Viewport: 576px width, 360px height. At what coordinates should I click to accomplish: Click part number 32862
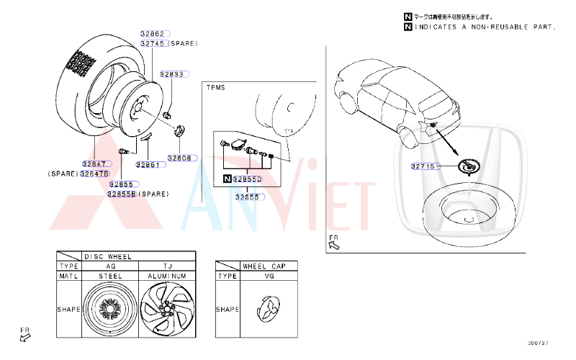(x=153, y=33)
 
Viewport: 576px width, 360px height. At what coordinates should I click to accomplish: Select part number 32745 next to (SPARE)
(x=153, y=43)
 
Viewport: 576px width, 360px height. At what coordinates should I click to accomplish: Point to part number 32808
(x=180, y=158)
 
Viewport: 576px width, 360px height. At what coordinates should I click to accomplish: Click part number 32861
(x=148, y=165)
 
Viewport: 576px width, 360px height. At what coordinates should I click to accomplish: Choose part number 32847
(x=94, y=164)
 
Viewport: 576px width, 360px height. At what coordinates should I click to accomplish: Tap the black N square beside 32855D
(x=228, y=179)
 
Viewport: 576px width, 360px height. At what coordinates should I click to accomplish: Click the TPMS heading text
(x=216, y=88)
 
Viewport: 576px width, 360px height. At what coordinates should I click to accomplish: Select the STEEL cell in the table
(x=109, y=276)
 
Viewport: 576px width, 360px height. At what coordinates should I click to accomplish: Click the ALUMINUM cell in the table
(x=167, y=276)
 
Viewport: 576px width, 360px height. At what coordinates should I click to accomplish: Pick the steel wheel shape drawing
(x=109, y=310)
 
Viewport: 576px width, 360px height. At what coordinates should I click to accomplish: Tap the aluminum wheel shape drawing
(x=166, y=310)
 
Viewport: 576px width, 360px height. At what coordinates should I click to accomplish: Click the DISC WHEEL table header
(x=108, y=256)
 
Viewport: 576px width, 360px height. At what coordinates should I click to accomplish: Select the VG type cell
(x=270, y=276)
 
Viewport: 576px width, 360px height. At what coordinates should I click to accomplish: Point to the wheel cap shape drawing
(x=270, y=310)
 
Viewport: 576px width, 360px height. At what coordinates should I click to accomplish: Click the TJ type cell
(x=167, y=266)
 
